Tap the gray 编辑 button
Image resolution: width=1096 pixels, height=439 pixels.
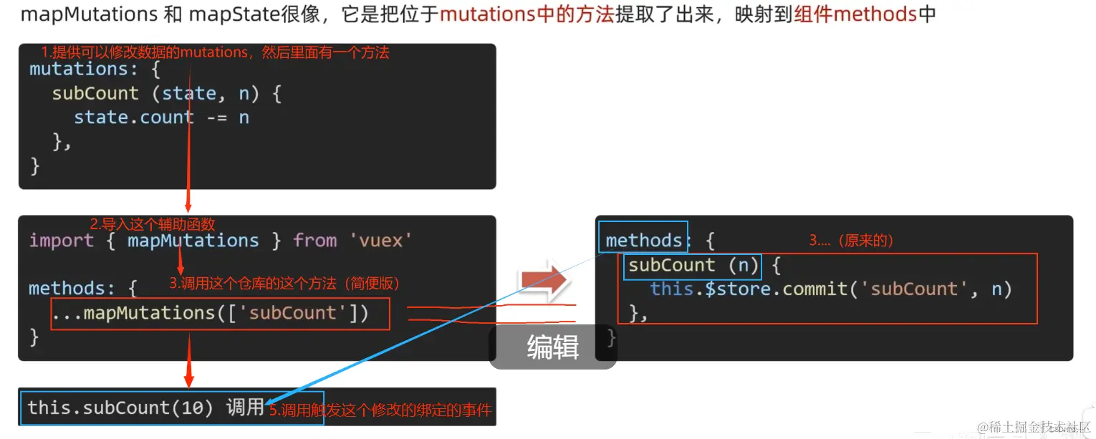[x=552, y=347]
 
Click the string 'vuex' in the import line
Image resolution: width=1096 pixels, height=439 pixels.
[x=381, y=241]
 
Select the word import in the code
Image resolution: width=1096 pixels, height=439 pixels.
[x=61, y=241]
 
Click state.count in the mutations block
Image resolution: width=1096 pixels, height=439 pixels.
[x=134, y=117]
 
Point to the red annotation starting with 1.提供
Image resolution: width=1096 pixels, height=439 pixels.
[x=215, y=52]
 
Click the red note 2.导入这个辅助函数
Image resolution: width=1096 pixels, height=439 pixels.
[x=152, y=224]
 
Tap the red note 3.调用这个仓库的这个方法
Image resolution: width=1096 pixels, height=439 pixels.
[x=284, y=284]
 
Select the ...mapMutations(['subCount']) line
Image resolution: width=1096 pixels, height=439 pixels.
[x=221, y=314]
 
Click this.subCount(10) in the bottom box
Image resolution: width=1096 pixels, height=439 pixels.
[x=120, y=408]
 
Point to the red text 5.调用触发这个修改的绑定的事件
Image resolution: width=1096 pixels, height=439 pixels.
[x=380, y=410]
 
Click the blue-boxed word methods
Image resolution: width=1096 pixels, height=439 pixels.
[x=643, y=241]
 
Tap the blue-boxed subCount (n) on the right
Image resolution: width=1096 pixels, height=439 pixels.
[x=693, y=266]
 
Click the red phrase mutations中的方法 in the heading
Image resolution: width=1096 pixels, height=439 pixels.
[x=527, y=14]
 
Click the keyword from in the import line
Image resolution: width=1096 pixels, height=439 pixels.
[x=314, y=241]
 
